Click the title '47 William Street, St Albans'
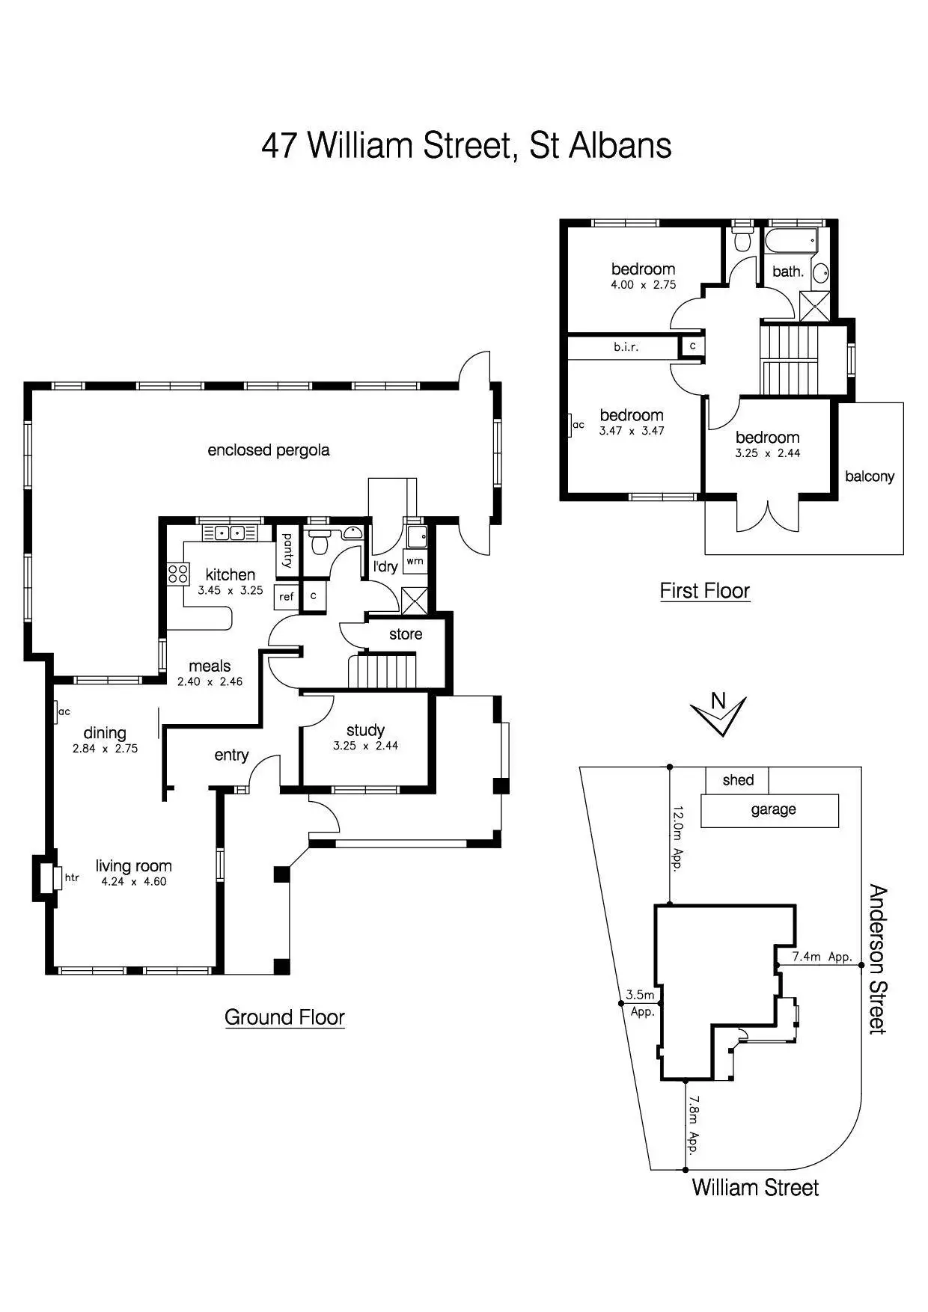(x=465, y=145)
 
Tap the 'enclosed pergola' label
(x=268, y=450)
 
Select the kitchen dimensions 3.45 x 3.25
(x=230, y=590)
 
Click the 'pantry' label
(x=287, y=551)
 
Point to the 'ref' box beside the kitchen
(x=287, y=596)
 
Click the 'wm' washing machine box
(x=415, y=560)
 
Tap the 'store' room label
(x=406, y=634)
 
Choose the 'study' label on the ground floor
(x=365, y=730)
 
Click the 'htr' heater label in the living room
(x=72, y=877)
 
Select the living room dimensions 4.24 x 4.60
(x=134, y=881)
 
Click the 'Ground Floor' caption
(x=284, y=1017)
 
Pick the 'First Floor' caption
(x=704, y=591)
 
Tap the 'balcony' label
(x=870, y=476)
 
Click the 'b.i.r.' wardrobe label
(x=626, y=347)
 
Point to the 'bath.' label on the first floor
(x=787, y=272)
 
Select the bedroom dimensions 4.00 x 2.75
(x=643, y=284)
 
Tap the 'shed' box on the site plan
(x=737, y=780)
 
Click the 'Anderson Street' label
(x=877, y=959)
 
